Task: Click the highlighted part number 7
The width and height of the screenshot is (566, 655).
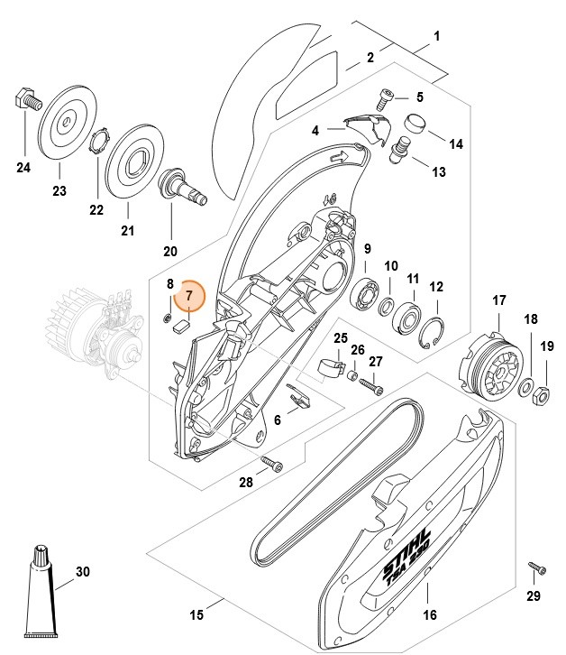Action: click(x=190, y=295)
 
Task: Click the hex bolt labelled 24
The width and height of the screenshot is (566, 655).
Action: click(x=26, y=99)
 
